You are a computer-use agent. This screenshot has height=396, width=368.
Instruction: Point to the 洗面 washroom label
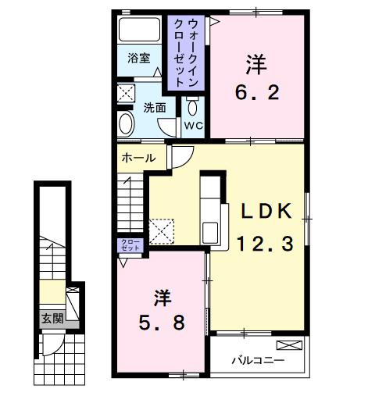pyautogui.click(x=154, y=108)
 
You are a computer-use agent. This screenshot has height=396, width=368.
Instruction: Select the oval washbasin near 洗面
pyautogui.click(x=127, y=123)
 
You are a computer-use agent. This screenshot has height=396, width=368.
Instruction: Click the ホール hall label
pyautogui.click(x=138, y=158)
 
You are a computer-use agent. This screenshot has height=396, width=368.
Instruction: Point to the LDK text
pyautogui.click(x=265, y=212)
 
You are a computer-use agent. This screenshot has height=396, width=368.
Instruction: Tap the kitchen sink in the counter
pyautogui.click(x=212, y=233)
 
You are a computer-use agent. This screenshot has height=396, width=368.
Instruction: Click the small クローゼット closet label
pyautogui.click(x=130, y=245)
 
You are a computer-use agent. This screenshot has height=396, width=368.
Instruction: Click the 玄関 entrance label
pyautogui.click(x=52, y=318)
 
